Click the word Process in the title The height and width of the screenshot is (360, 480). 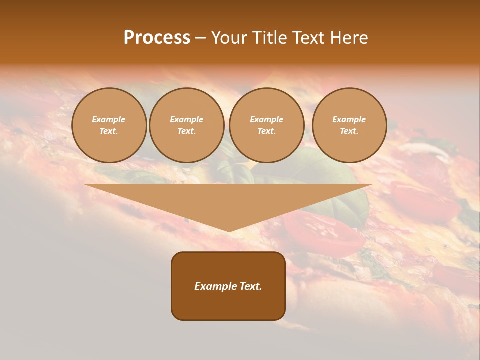(157, 38)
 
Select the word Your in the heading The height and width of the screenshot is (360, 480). (229, 38)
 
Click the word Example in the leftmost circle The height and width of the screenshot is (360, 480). (109, 119)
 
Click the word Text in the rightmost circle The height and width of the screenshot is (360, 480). (349, 131)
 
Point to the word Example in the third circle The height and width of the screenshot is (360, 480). (266, 119)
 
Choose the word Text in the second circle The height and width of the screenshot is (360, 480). (186, 131)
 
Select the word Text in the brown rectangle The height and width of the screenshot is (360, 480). (251, 286)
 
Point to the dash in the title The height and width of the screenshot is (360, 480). (201, 38)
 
